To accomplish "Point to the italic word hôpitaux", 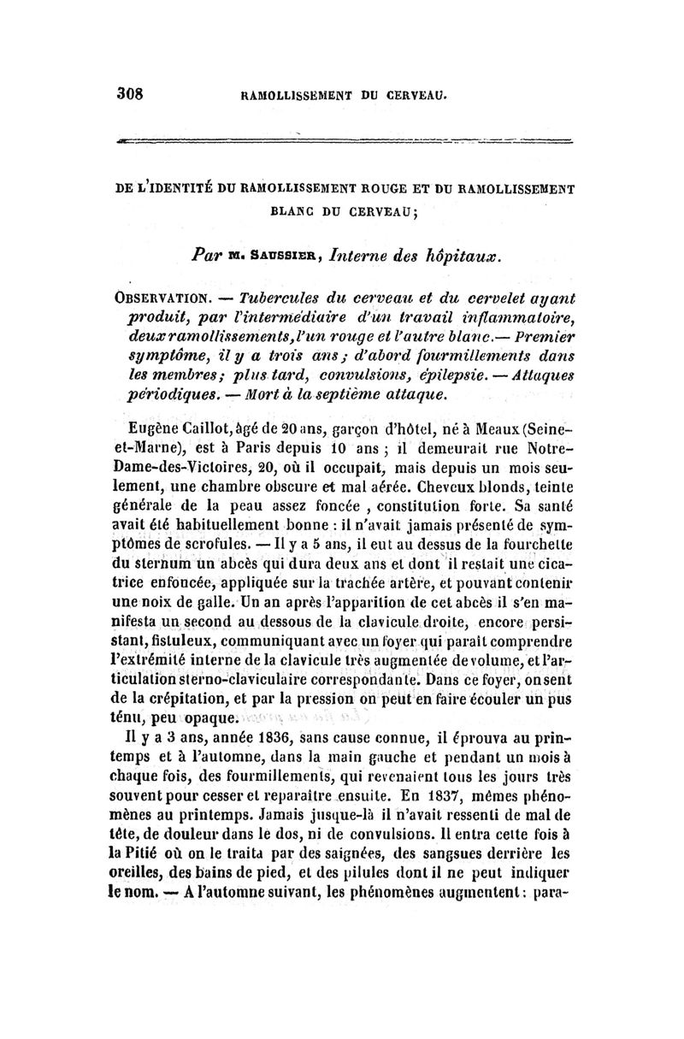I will pyautogui.click(x=467, y=255).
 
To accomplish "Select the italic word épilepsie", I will pyautogui.click(x=463, y=357).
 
